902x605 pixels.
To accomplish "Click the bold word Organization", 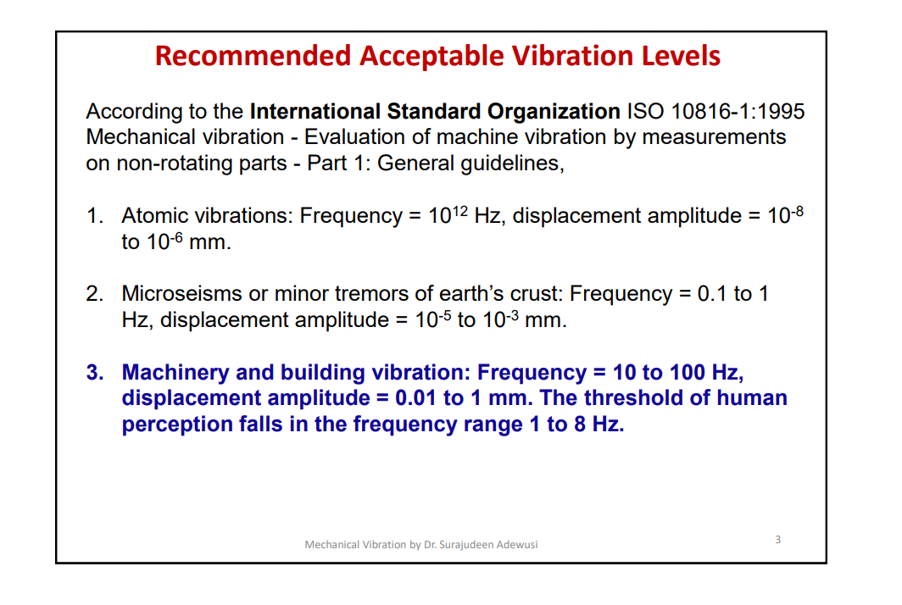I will click(554, 112).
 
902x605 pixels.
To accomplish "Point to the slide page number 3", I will click(778, 540).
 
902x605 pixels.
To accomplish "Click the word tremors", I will click(380, 294).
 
